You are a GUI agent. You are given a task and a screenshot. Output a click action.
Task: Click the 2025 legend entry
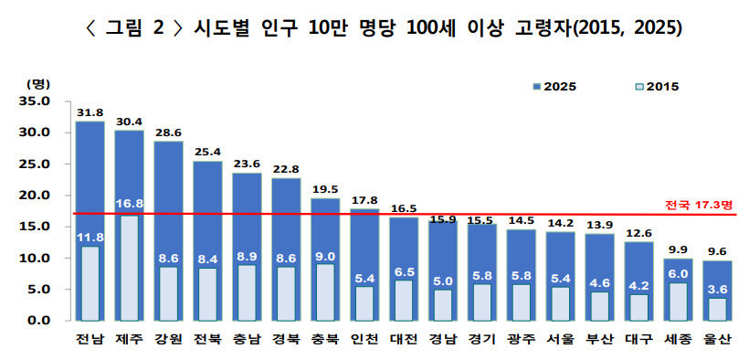tap(554, 87)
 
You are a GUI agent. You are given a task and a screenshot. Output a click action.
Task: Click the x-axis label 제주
tap(129, 340)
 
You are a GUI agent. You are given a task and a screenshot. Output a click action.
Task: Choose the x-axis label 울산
tap(717, 340)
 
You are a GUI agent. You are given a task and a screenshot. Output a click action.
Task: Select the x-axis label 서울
tap(560, 340)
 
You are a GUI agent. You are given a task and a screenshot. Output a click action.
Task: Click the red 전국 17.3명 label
tap(699, 205)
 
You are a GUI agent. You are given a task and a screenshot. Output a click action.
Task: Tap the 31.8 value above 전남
tap(90, 113)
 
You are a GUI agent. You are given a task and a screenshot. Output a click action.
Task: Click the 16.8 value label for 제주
tap(129, 204)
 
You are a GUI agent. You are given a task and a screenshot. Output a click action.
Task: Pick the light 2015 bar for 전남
tap(90, 283)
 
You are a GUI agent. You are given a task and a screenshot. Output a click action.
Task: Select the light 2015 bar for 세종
tap(678, 302)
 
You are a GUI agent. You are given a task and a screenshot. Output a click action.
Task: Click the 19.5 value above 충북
tap(325, 190)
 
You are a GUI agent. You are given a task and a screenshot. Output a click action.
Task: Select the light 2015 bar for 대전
tap(403, 301)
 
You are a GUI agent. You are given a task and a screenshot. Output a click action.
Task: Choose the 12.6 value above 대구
tap(638, 234)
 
